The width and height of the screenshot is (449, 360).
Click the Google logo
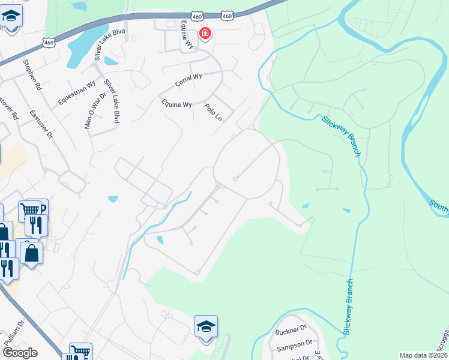click(x=20, y=353)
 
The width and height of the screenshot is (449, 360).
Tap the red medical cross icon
click(x=205, y=33)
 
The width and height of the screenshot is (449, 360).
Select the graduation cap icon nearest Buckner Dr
click(x=206, y=327)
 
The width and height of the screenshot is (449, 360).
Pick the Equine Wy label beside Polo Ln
click(x=176, y=104)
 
